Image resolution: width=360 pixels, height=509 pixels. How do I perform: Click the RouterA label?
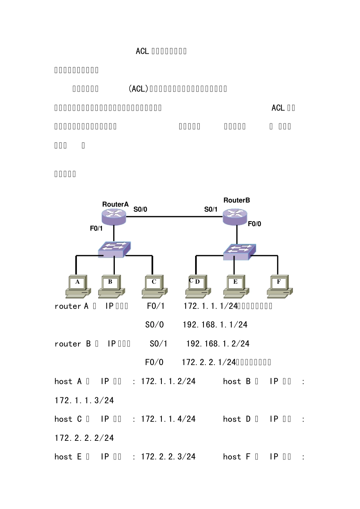(x=115, y=205)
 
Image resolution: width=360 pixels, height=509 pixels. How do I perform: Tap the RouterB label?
(x=236, y=200)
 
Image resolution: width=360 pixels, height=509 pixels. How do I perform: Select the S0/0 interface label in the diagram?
(x=140, y=209)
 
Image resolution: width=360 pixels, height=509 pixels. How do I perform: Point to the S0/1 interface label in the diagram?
(x=211, y=209)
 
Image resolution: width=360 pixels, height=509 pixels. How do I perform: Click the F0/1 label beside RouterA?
(x=96, y=228)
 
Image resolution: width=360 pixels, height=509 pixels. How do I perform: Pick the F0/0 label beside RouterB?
(x=254, y=224)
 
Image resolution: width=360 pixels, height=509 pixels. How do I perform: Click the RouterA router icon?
(x=114, y=217)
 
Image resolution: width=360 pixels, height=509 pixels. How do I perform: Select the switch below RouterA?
(x=114, y=249)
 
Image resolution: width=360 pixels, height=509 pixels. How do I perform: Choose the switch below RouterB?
(x=239, y=252)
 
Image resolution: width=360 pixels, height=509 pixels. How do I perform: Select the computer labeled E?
(x=236, y=286)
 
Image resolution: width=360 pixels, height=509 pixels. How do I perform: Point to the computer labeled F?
(x=280, y=286)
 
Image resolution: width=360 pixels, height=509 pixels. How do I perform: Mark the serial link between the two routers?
(x=174, y=217)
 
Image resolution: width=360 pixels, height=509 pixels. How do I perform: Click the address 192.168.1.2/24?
(x=218, y=344)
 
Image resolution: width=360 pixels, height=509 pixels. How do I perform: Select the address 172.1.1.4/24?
(x=168, y=419)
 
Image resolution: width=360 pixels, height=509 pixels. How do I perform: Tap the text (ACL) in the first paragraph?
(x=138, y=89)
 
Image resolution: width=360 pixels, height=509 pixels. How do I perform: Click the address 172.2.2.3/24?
(x=168, y=457)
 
